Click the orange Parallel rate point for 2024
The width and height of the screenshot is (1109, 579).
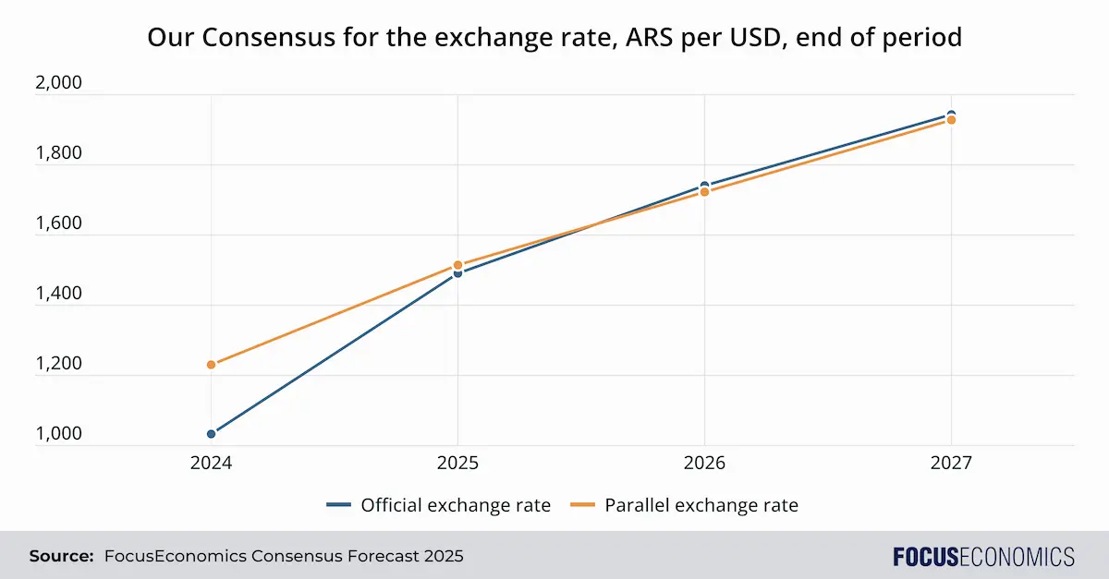pyautogui.click(x=212, y=365)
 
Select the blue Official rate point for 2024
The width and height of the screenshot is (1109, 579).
pyautogui.click(x=212, y=434)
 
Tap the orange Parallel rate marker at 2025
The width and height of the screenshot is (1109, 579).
pyautogui.click(x=457, y=265)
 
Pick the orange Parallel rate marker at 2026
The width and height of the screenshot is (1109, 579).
pyautogui.click(x=704, y=192)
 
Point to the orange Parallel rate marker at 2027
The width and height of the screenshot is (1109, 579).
pyautogui.click(x=951, y=120)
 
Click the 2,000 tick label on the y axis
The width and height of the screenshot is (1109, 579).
pyautogui.click(x=58, y=83)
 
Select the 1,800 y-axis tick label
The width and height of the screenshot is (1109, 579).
pyautogui.click(x=58, y=153)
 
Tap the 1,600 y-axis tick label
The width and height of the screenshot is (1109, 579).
pyautogui.click(x=58, y=223)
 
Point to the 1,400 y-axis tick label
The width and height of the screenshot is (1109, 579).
pyautogui.click(x=58, y=294)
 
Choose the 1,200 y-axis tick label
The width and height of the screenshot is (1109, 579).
pyautogui.click(x=58, y=364)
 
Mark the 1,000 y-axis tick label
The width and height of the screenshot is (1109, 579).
pyautogui.click(x=58, y=434)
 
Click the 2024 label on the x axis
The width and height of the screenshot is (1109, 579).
pyautogui.click(x=212, y=464)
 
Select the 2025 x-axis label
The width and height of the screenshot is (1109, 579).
pyautogui.click(x=457, y=464)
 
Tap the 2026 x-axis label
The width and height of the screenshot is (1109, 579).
pyautogui.click(x=704, y=464)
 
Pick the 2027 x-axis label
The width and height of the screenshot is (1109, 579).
pyautogui.click(x=951, y=464)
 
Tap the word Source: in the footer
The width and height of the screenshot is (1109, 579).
pyautogui.click(x=61, y=556)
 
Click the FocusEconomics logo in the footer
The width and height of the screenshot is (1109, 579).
pyautogui.click(x=983, y=556)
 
